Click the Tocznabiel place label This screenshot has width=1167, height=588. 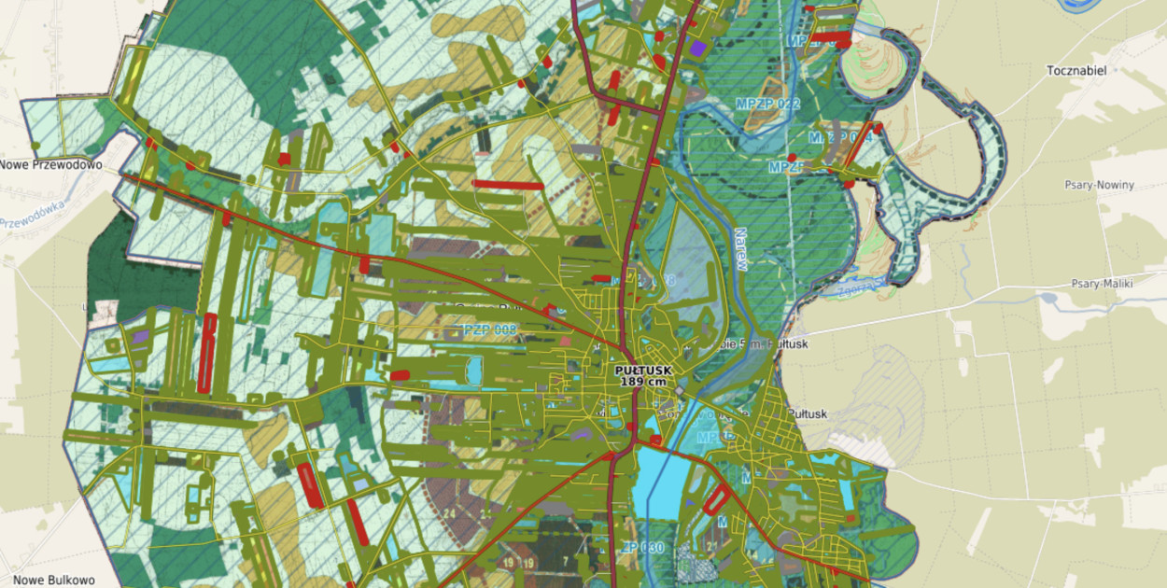click(x=1076, y=71)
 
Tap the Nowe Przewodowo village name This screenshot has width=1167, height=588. click(x=49, y=165)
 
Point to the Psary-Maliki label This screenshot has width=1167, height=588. click(x=1102, y=284)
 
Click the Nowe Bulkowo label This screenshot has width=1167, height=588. click(x=54, y=580)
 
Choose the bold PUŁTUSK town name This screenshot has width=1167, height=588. click(x=643, y=371)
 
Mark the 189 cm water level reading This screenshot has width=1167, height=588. click(x=643, y=383)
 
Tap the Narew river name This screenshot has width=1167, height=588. click(x=740, y=249)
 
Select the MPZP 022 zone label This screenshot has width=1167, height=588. click(x=767, y=104)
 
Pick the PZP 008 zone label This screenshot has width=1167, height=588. click(x=489, y=329)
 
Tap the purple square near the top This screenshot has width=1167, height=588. click(x=698, y=48)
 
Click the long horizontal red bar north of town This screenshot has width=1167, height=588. click(x=508, y=185)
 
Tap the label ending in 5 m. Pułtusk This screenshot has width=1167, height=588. click(x=761, y=343)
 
